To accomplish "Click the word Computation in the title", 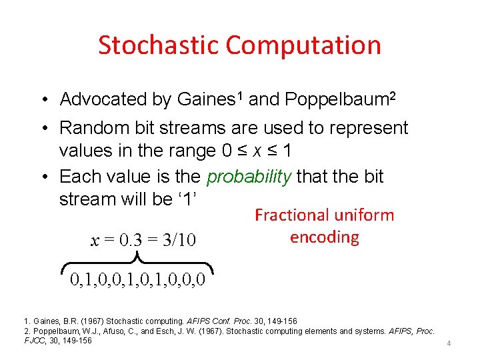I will [x=303, y=45].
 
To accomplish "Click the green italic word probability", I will [x=249, y=177].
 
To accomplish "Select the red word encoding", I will [x=325, y=237].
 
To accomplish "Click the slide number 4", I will [x=449, y=343].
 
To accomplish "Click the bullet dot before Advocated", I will [x=42, y=100].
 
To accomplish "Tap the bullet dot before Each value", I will [x=42, y=177].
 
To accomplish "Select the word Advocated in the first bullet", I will [x=103, y=99].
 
